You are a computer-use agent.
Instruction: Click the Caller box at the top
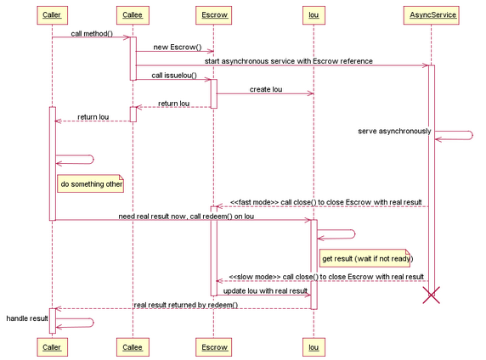point(52,15)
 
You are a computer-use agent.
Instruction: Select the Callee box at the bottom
point(133,347)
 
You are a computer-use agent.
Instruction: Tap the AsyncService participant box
point(431,15)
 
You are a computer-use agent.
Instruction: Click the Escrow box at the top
point(213,15)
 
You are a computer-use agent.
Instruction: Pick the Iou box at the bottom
point(314,347)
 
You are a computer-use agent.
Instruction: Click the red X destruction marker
point(431,295)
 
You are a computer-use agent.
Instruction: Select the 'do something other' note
point(91,183)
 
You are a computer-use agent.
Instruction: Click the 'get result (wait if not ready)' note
point(366,258)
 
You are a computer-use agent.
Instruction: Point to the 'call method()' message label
point(92,33)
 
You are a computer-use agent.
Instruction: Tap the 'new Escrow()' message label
point(178,47)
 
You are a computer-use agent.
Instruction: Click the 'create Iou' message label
point(266,89)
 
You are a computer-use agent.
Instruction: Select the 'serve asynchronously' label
point(394,131)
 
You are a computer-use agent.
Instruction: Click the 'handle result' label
point(27,318)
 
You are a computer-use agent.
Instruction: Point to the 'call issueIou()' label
point(174,76)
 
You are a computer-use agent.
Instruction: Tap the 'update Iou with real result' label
point(265,291)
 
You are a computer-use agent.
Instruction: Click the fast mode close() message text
point(325,202)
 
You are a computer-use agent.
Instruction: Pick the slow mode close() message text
point(326,277)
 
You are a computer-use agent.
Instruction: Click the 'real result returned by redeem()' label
point(186,305)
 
